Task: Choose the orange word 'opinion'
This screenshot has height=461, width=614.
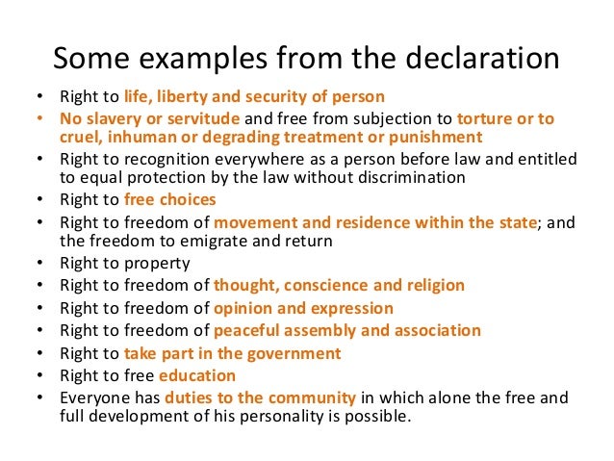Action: click(244, 308)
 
